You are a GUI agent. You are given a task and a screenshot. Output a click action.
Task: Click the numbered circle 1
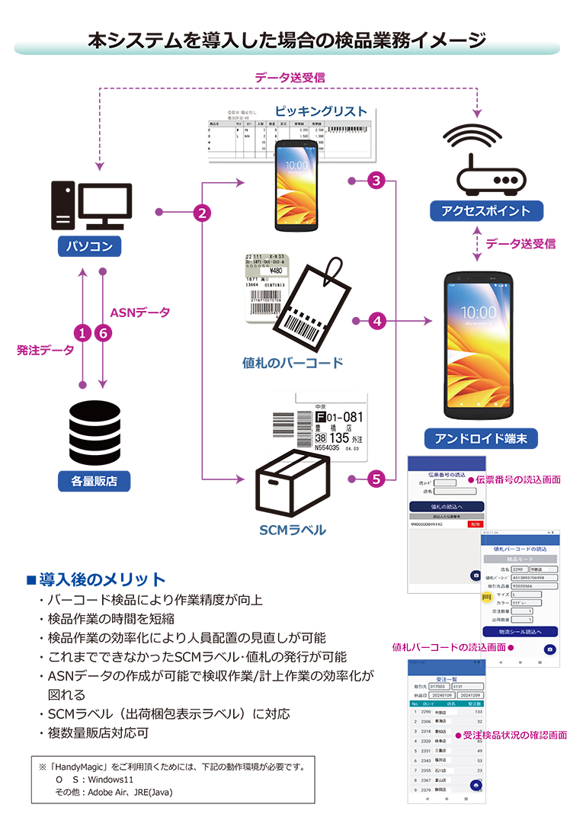click(82, 332)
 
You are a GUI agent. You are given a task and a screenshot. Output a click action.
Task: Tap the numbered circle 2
click(202, 213)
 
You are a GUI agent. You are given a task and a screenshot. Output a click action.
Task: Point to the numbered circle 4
click(376, 322)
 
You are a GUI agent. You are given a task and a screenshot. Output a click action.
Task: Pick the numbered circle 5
click(376, 479)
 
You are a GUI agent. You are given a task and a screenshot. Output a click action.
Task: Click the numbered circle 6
click(104, 332)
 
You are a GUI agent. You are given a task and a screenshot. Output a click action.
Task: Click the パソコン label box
click(90, 246)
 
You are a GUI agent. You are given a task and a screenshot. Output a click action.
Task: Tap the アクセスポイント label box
click(485, 210)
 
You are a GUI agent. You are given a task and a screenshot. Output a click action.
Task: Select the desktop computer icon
click(91, 206)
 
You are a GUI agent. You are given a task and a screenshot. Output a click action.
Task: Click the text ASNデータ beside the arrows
click(140, 313)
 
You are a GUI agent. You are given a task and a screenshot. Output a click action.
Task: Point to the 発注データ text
click(46, 350)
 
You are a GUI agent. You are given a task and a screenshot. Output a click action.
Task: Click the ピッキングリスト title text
click(321, 111)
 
